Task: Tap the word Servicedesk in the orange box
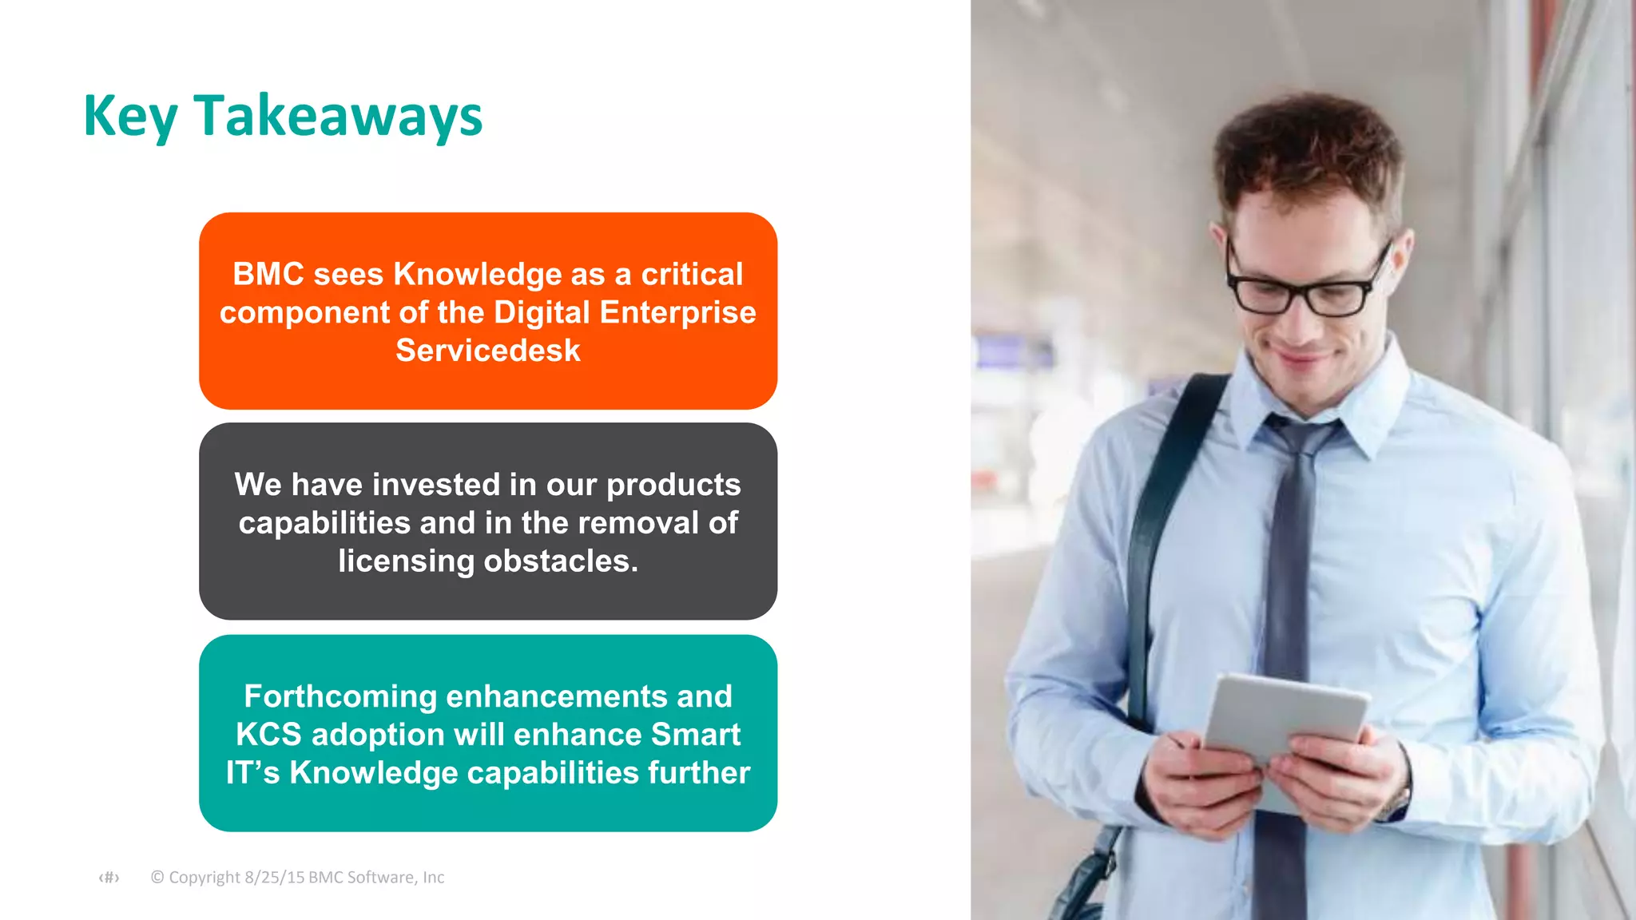pyautogui.click(x=488, y=351)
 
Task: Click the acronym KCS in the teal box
pyautogui.click(x=268, y=735)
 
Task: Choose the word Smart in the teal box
pyautogui.click(x=696, y=735)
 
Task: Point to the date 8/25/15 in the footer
pyautogui.click(x=274, y=877)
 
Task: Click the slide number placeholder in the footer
pyautogui.click(x=109, y=878)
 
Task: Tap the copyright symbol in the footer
pyautogui.click(x=157, y=877)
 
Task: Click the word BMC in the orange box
pyautogui.click(x=268, y=275)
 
